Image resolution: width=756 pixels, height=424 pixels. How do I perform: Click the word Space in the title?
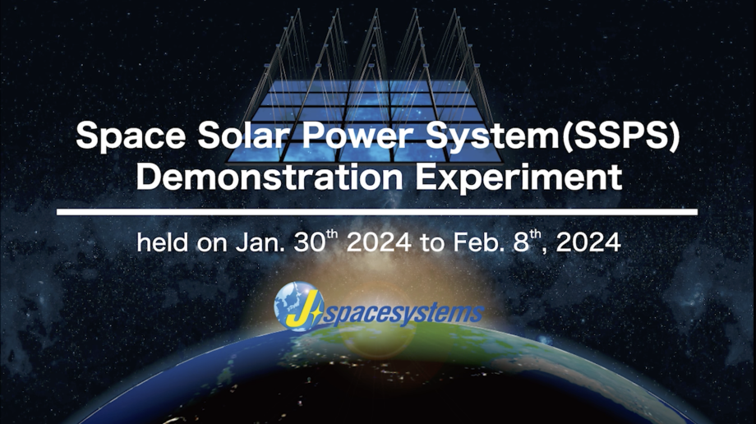pos(131,136)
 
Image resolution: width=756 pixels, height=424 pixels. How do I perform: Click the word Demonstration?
pos(270,177)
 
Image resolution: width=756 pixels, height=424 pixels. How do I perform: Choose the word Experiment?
pos(519,178)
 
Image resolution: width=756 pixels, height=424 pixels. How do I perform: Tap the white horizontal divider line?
pos(377,212)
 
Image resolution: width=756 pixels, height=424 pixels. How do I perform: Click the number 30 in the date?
pos(310,242)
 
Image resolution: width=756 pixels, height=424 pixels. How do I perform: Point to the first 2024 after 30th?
pos(379,242)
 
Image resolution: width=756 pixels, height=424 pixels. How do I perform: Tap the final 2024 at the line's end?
pos(588,242)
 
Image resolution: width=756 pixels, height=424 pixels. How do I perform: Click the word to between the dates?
pos(432,243)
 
